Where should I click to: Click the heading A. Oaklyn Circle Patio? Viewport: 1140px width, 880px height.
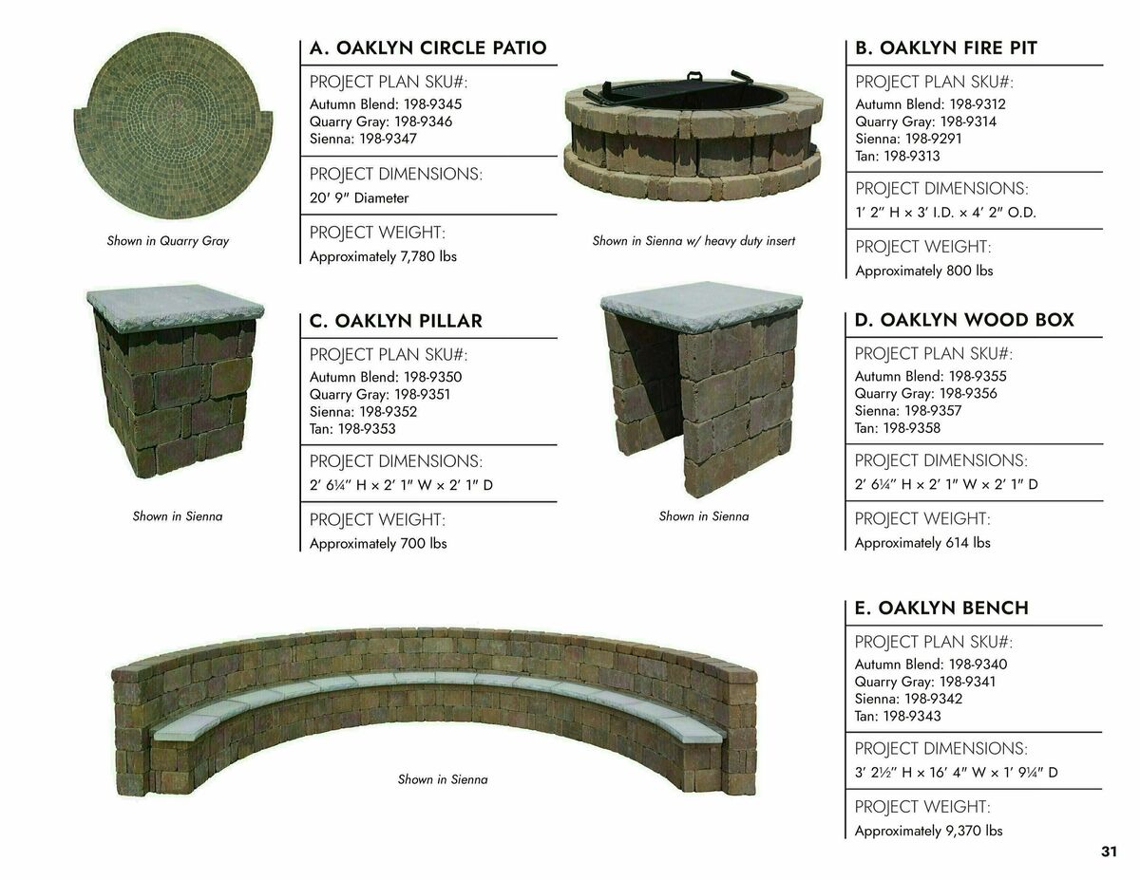[x=427, y=47]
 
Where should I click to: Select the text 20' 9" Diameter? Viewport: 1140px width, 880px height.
[x=359, y=198]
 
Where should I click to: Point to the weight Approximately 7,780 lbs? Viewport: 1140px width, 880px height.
[x=383, y=256]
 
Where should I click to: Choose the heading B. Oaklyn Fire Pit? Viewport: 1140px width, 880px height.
[x=945, y=47]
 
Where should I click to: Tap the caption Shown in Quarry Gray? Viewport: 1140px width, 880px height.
[x=168, y=241]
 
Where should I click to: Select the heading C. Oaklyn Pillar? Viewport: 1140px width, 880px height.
[x=395, y=321]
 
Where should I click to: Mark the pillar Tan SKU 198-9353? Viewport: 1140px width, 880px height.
[x=352, y=429]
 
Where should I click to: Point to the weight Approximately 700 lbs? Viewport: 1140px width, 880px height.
[x=378, y=544]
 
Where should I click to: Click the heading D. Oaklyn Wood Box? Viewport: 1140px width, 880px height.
[x=963, y=320]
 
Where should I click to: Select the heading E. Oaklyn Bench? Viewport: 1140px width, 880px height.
[x=940, y=608]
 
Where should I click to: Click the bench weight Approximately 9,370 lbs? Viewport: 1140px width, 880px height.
[x=928, y=832]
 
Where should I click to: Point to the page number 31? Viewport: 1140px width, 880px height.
[x=1109, y=852]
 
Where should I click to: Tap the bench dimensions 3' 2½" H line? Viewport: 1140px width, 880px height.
[x=956, y=772]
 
